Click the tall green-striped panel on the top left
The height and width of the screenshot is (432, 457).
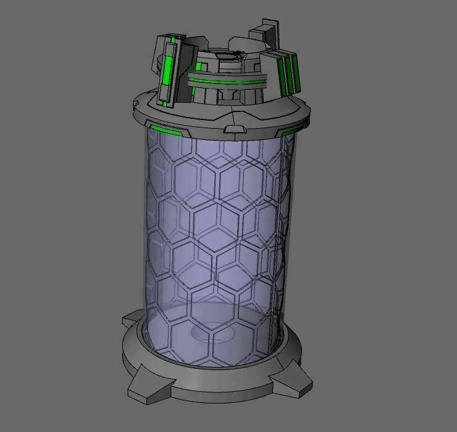(168, 69)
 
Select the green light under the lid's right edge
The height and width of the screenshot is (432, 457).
(289, 131)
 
